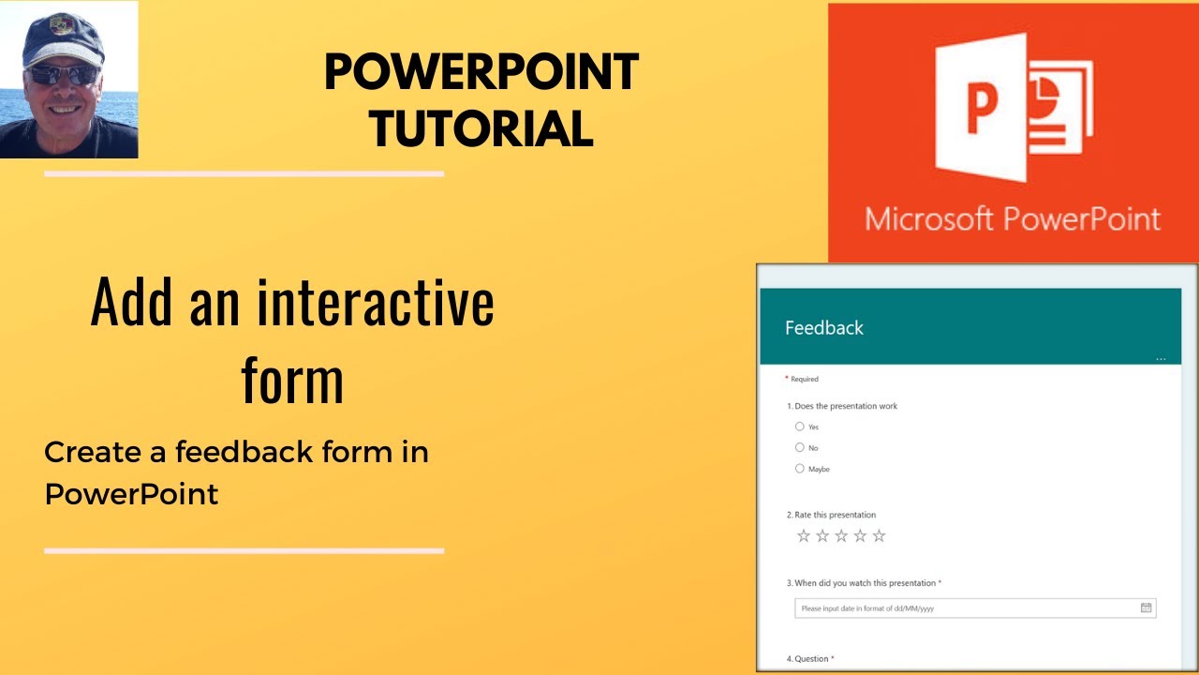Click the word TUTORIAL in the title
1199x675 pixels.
coord(481,128)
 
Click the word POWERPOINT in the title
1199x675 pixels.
coord(481,73)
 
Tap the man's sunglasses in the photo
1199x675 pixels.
coord(62,74)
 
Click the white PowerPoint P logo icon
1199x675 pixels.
coord(1013,108)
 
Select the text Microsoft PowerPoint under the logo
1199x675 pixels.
coord(1013,218)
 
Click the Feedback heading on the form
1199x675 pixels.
coord(823,328)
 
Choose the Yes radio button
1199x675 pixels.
coord(800,427)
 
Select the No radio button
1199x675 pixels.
coord(800,447)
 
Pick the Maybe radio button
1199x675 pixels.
coord(800,468)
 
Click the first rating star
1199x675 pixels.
coord(803,536)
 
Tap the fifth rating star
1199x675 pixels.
coord(879,536)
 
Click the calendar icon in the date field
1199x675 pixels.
coord(1146,607)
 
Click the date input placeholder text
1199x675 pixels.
coord(867,608)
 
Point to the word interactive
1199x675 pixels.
coord(376,304)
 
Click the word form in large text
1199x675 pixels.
coord(292,380)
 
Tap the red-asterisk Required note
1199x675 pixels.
coord(802,379)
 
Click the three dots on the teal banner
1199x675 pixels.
coord(1161,359)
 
